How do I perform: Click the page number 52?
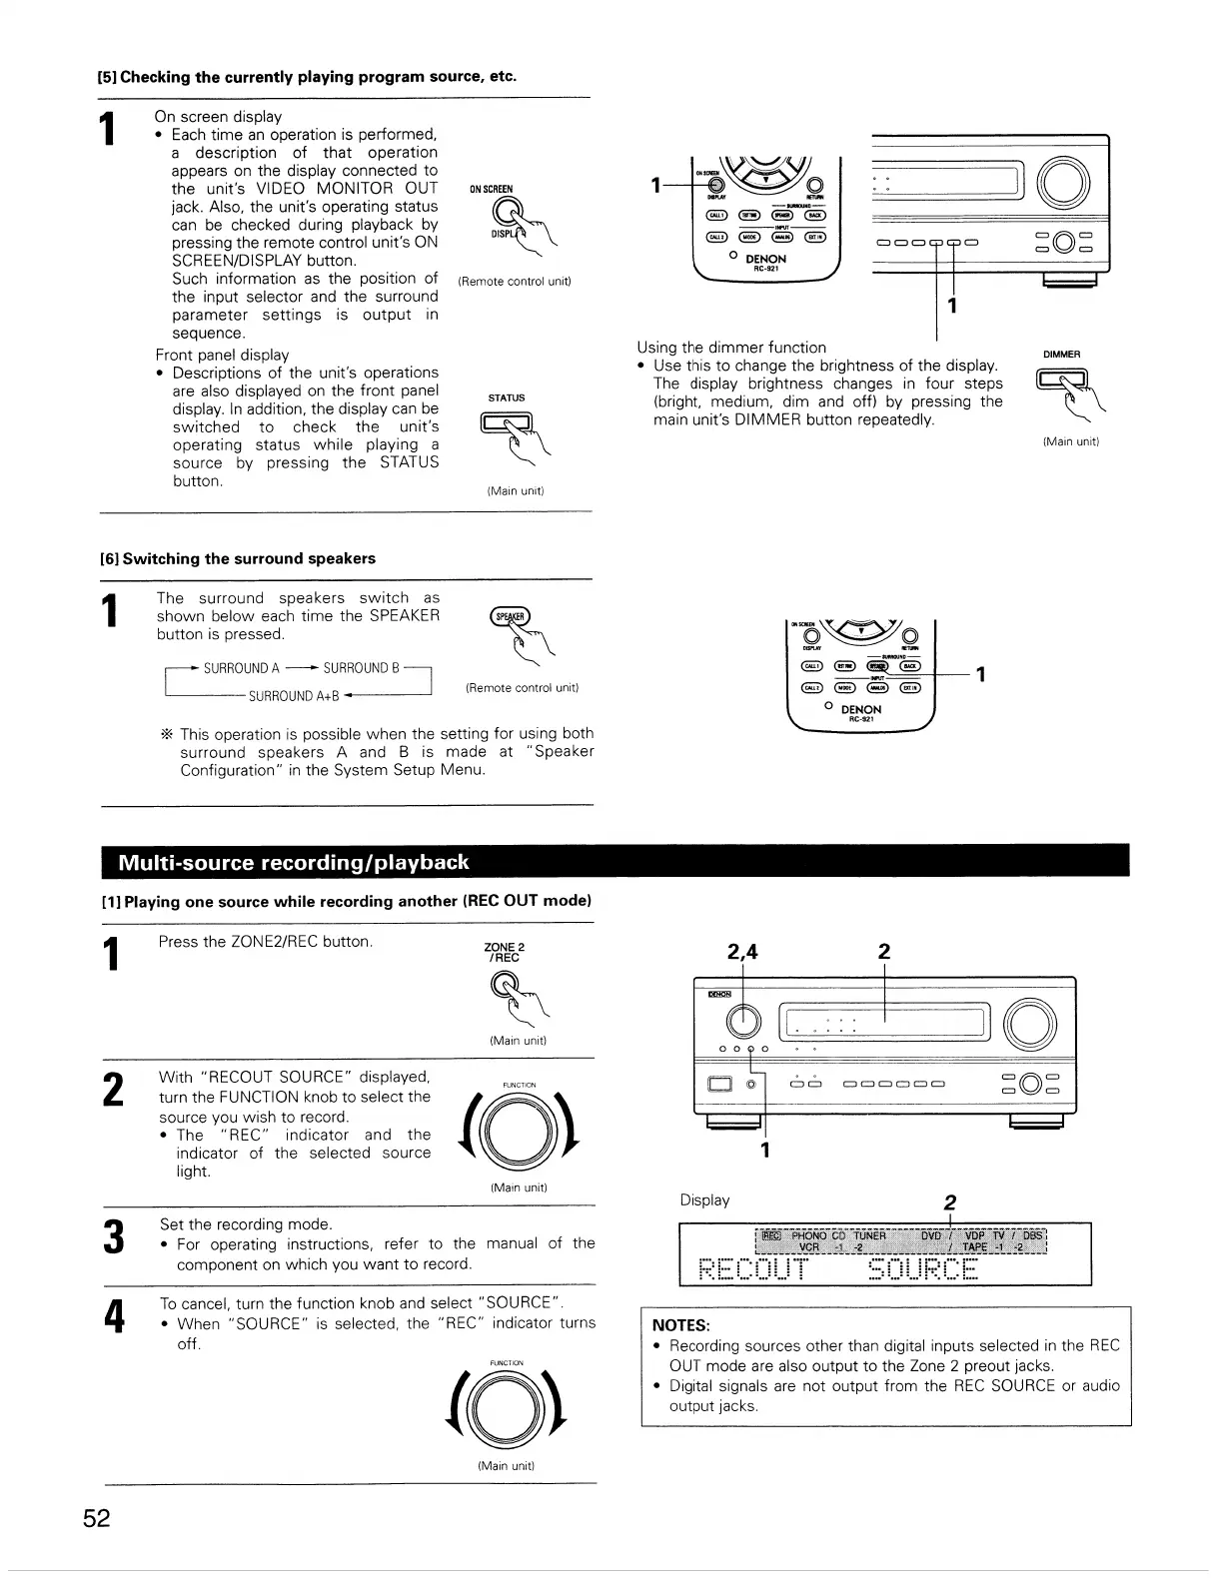pyautogui.click(x=97, y=1519)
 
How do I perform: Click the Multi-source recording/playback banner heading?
pyautogui.click(x=293, y=863)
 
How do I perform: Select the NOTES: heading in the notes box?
pyautogui.click(x=679, y=1325)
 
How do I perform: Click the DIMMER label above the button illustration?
pyautogui.click(x=1061, y=355)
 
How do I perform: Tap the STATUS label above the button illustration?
pyautogui.click(x=506, y=397)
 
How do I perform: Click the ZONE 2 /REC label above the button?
pyautogui.click(x=504, y=952)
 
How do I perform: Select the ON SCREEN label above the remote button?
pyautogui.click(x=492, y=189)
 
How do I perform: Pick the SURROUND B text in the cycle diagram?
pyautogui.click(x=361, y=668)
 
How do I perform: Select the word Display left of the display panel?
pyautogui.click(x=704, y=1199)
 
